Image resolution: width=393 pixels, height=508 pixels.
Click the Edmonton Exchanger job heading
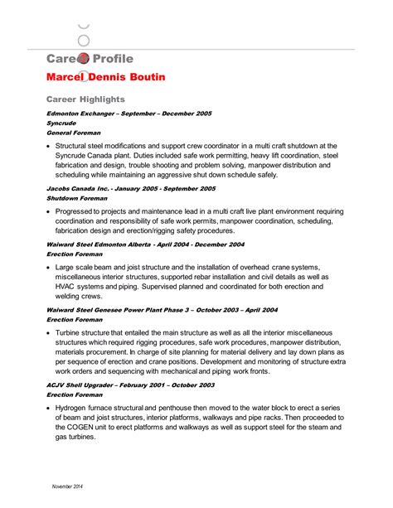pos(129,113)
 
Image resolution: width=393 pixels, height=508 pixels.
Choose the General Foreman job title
pos(74,133)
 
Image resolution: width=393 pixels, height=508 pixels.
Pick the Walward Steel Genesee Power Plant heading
pos(162,310)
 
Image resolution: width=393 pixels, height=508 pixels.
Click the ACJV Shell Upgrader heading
pos(130,385)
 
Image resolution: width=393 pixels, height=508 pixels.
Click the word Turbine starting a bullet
pos(70,331)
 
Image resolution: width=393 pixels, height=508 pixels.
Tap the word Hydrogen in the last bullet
pos(75,409)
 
